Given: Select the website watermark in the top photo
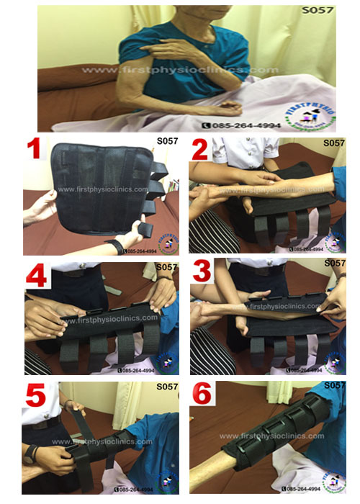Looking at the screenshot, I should click(x=180, y=70).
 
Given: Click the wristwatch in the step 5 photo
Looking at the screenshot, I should click(x=30, y=455).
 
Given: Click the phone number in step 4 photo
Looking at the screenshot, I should click(x=138, y=370).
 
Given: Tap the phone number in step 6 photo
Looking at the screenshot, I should click(x=302, y=489).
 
